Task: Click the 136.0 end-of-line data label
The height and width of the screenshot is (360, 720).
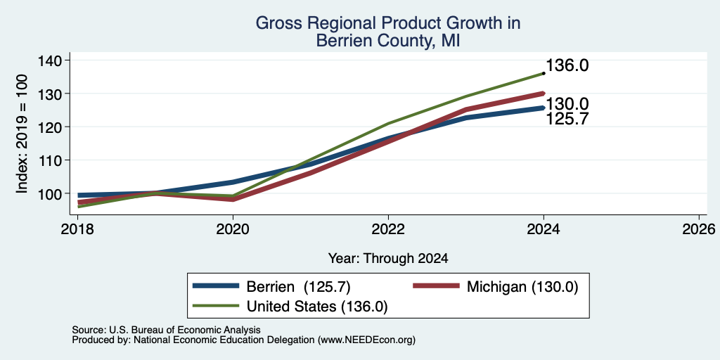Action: pos(567,65)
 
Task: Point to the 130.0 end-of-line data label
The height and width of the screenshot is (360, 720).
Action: pos(567,104)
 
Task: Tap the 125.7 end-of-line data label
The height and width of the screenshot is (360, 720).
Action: pos(567,120)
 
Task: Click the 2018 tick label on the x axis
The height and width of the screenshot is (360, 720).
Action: pos(77,229)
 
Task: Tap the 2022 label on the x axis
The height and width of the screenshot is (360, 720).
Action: pos(388,229)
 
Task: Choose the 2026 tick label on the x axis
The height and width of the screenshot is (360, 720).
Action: pos(699,229)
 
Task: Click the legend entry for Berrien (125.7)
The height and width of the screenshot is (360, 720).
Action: pos(272,287)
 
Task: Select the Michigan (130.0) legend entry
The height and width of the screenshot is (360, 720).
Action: pos(496,287)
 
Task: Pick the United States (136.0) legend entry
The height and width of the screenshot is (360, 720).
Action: pos(290,307)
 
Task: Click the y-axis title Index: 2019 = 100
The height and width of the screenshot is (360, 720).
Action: pos(22,134)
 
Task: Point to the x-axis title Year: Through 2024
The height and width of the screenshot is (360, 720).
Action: pos(388,259)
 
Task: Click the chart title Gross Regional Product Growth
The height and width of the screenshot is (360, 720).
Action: pos(388,23)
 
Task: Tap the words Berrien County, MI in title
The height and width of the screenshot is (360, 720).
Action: pos(388,41)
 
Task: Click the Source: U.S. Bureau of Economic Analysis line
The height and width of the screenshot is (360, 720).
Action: pos(166,330)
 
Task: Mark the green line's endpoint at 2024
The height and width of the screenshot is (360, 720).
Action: pos(544,73)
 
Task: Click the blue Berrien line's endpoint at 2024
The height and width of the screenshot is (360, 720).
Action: pos(544,108)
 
